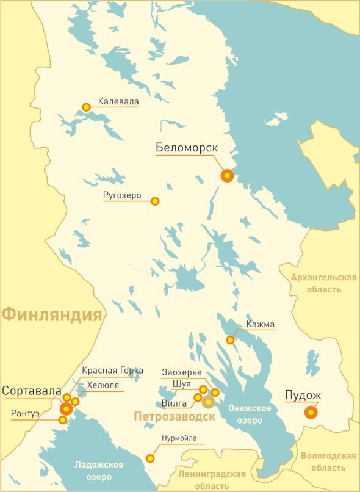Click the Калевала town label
pos(118,101)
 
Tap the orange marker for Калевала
pos(87,107)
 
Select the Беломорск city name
pos(187,148)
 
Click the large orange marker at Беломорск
pos(228,176)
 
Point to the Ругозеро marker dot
pos(155,201)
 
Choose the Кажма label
pos(261,324)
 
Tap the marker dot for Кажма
pos(230,340)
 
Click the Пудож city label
pos(303,395)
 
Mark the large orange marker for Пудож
pos(311,413)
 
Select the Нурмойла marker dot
pos(150,458)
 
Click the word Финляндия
pos(51,315)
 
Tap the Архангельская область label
pos(323,283)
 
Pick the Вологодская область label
pos(328,461)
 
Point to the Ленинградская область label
pos(212,480)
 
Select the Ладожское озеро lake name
pos(99,470)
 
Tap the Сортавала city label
pos(32,391)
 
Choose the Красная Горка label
pos(113,371)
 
